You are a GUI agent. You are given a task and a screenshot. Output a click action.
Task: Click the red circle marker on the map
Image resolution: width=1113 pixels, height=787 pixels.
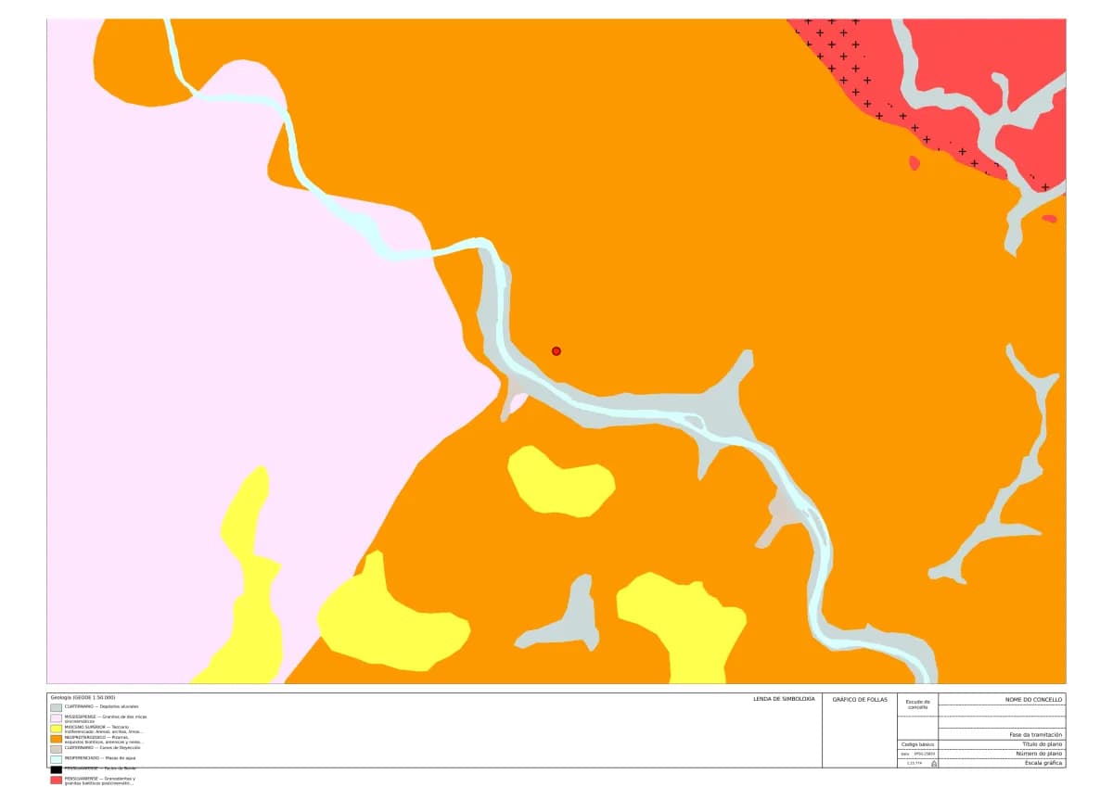(556, 351)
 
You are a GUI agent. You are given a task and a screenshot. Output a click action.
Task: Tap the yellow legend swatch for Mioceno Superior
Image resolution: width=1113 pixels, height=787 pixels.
(56, 729)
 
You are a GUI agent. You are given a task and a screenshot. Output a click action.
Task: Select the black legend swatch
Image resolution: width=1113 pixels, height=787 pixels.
(56, 768)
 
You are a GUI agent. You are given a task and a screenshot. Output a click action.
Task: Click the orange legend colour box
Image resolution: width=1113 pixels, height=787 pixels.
(56, 739)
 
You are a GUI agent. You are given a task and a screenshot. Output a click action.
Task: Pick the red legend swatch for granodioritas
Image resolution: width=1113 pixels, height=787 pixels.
(56, 781)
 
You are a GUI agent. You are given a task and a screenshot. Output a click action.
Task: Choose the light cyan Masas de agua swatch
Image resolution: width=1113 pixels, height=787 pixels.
(56, 758)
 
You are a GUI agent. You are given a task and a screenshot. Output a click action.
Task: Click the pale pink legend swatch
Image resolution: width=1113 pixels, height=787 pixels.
(56, 718)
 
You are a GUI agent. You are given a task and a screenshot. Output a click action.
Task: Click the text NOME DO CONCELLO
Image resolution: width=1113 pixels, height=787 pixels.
(1034, 699)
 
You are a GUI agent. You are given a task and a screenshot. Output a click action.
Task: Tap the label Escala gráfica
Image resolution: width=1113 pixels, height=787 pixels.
(1043, 763)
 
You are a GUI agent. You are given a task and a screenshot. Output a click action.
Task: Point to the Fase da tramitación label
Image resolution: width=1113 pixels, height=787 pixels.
(1036, 735)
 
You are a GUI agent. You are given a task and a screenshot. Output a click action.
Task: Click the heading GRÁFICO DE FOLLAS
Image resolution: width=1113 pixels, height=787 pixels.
(860, 699)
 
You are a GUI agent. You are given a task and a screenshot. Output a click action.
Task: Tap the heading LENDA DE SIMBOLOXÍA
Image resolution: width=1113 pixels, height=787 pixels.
(785, 698)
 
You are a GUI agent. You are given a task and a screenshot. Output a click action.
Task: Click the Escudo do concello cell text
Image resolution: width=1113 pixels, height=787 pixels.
(917, 704)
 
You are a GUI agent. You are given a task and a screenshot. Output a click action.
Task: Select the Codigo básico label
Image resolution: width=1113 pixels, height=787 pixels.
(917, 744)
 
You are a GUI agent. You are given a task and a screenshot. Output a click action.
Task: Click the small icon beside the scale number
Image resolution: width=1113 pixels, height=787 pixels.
(933, 764)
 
